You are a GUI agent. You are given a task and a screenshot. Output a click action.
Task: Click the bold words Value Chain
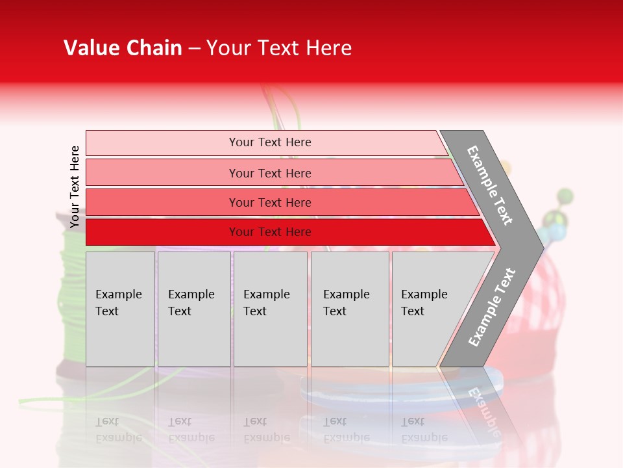click(x=123, y=48)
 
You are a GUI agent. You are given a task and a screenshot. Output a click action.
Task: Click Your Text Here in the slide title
click(x=279, y=48)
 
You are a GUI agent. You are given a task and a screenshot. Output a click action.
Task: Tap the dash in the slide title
click(x=193, y=49)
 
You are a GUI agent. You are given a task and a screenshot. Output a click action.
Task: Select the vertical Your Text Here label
click(x=75, y=187)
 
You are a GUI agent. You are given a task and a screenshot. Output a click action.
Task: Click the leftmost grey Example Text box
click(x=120, y=309)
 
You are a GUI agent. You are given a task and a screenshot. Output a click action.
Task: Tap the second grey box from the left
click(x=194, y=309)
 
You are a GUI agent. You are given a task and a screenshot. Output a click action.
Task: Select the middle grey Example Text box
click(x=270, y=309)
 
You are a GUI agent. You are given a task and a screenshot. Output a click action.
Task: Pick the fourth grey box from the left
click(x=350, y=309)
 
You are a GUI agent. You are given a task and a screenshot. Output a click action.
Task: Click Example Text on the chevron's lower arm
click(x=492, y=307)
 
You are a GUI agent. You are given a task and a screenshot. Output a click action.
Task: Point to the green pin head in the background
click(x=565, y=195)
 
